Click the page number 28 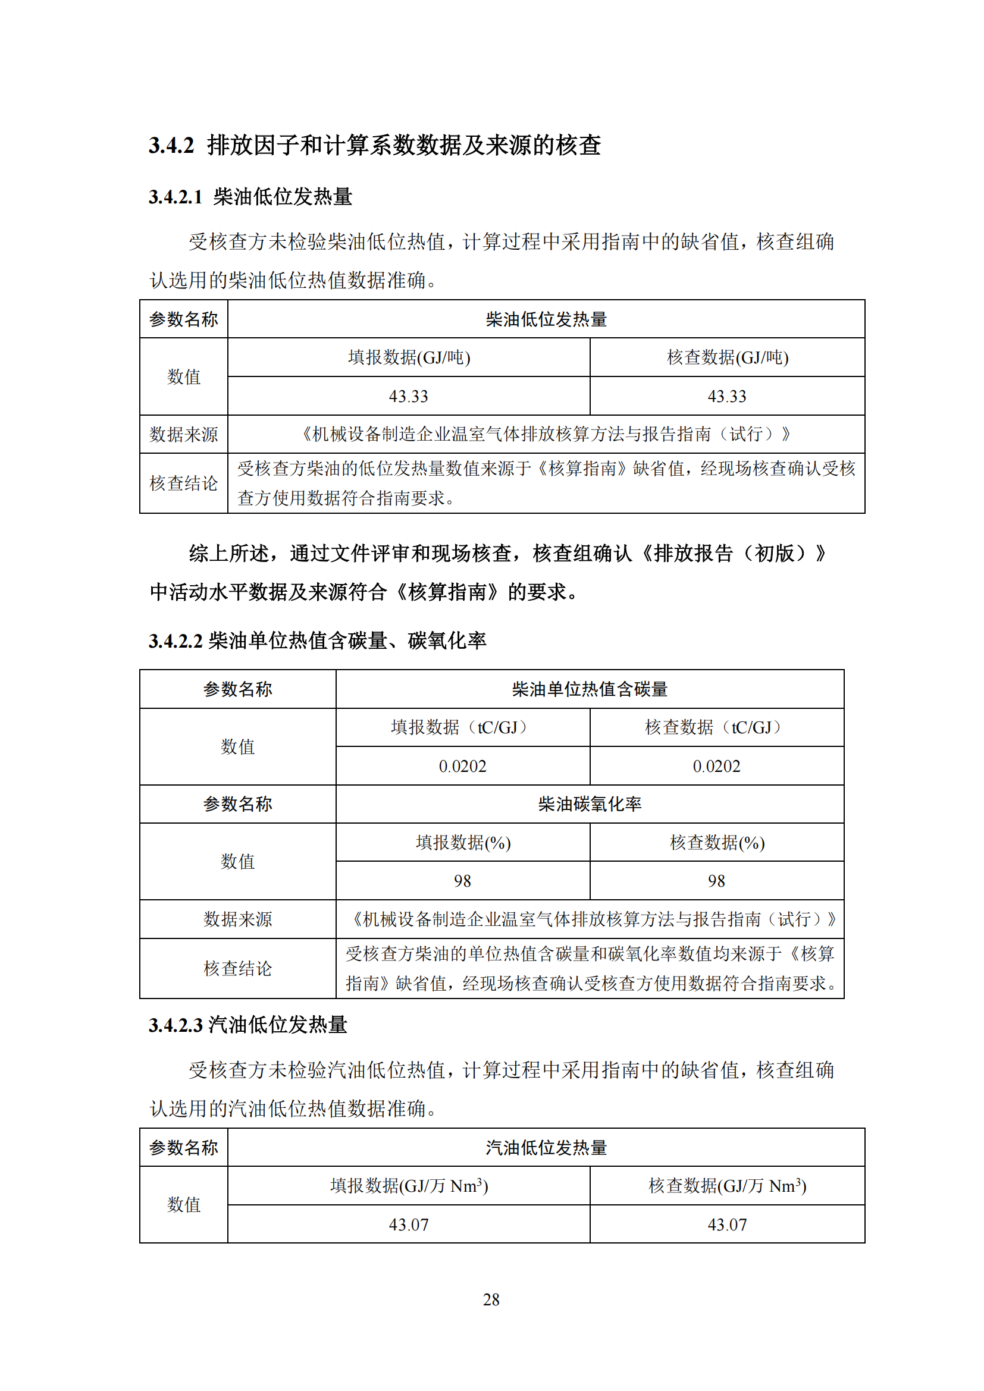click(x=491, y=1299)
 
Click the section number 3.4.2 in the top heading click(x=171, y=145)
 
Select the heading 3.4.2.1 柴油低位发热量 click(x=250, y=197)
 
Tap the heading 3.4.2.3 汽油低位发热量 click(x=248, y=1025)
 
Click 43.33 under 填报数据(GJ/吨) click(x=408, y=396)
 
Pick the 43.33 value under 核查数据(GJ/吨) click(x=727, y=396)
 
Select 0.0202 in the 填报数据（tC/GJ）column click(x=462, y=767)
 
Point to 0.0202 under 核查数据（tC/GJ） click(x=716, y=767)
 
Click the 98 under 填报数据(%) click(x=462, y=881)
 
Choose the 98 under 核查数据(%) click(x=716, y=881)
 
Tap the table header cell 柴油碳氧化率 click(x=590, y=804)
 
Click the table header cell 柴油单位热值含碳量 click(x=590, y=689)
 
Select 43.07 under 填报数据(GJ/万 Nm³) click(x=408, y=1224)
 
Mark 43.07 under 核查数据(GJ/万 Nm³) click(x=727, y=1224)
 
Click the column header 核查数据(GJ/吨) click(x=727, y=357)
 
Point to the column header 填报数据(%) click(x=463, y=842)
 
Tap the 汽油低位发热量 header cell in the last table click(x=546, y=1147)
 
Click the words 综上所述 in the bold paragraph click(x=228, y=553)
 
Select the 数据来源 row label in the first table click(x=184, y=434)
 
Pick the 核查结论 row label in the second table click(x=237, y=968)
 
